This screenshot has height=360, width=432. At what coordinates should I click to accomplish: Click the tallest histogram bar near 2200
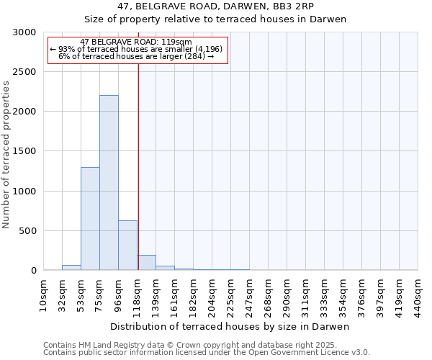pyautogui.click(x=109, y=183)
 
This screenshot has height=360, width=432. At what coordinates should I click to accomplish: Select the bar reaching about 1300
pyautogui.click(x=90, y=219)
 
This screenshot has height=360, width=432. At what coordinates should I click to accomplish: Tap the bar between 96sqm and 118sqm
pyautogui.click(x=127, y=246)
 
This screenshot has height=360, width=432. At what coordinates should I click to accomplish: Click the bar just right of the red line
pyautogui.click(x=147, y=263)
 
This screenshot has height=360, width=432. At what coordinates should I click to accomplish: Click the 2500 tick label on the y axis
pyautogui.click(x=23, y=72)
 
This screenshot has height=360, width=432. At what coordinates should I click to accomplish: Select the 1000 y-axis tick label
pyautogui.click(x=23, y=192)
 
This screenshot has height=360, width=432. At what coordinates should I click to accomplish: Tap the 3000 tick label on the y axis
pyautogui.click(x=23, y=32)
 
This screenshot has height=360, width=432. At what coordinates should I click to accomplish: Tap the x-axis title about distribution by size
pyautogui.click(x=230, y=327)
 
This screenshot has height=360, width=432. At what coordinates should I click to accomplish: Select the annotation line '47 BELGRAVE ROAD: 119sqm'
pyautogui.click(x=136, y=42)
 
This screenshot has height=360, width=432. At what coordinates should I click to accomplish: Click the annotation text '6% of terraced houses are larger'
pyautogui.click(x=136, y=56)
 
